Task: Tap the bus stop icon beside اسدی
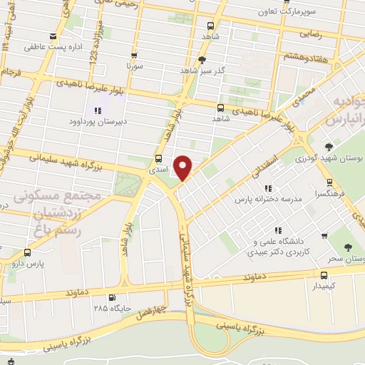[158, 160]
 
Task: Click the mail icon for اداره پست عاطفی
[53, 37]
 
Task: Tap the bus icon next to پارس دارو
[27, 252]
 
